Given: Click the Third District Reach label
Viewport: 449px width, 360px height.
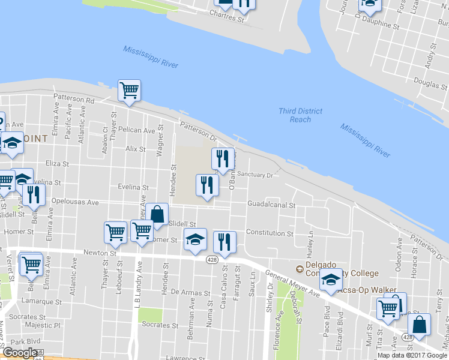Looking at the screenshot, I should tap(300, 115).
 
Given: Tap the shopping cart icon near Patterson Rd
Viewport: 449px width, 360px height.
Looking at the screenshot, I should tap(129, 91).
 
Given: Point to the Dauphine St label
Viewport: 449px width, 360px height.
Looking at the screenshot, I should tap(381, 25).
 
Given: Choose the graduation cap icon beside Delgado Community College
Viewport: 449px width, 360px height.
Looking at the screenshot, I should tap(330, 280).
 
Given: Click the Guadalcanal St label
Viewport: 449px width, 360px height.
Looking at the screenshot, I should tap(272, 205).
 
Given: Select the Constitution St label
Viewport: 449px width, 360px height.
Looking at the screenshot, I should tap(269, 233).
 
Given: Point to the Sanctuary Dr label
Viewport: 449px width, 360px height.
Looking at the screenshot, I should tap(255, 175).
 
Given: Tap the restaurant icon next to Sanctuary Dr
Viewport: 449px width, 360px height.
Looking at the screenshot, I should tap(223, 159).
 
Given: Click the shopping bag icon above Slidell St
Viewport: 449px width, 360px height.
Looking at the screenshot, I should tap(157, 214).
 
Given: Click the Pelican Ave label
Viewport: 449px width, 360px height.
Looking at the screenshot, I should tap(137, 130).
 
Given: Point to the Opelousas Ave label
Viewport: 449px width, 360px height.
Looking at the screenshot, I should tap(75, 202).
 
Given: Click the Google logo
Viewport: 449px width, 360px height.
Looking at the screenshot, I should tap(19, 353).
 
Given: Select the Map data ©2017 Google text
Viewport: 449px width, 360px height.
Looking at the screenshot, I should tap(413, 355).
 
